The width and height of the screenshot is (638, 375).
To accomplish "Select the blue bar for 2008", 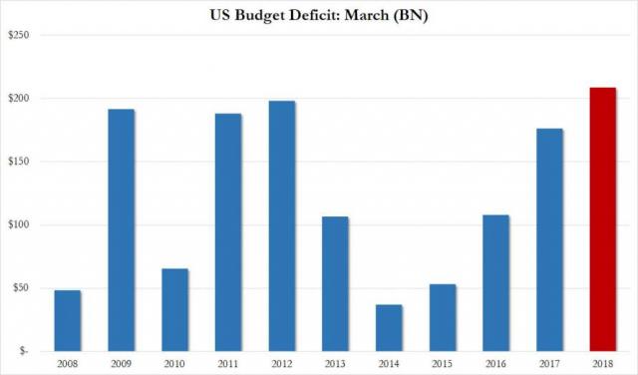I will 67,320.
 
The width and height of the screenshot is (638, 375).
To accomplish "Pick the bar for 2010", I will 174,309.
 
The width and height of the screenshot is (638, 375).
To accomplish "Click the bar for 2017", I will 549,239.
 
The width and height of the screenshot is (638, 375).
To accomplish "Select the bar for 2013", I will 335,283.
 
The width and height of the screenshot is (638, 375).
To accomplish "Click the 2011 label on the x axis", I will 227,365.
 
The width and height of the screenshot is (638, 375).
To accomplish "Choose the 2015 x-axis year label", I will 442,365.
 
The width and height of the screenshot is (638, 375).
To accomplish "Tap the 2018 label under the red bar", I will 602,365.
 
